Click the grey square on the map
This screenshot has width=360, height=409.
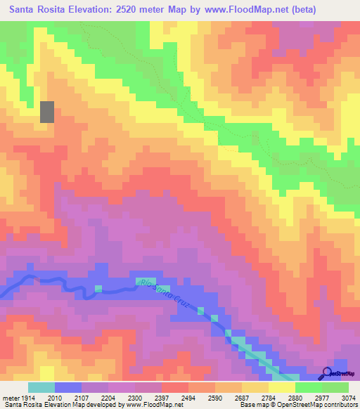[47, 112]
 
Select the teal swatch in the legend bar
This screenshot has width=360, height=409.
[41, 387]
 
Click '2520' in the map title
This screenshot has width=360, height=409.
[127, 10]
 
